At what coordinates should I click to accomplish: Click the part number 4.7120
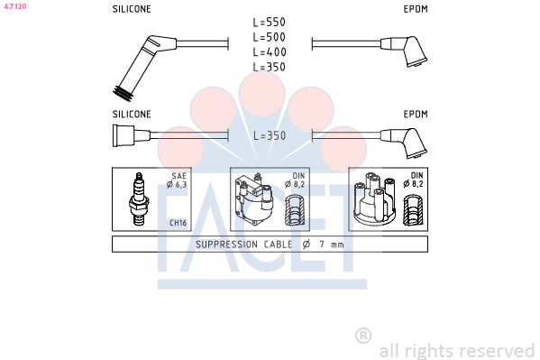15,6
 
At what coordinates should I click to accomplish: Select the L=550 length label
270,23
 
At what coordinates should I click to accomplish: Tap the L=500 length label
270,37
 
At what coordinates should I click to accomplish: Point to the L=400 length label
270,52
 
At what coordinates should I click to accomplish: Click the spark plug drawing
139,199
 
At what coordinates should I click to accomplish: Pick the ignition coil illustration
254,199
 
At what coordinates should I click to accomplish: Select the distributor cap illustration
374,199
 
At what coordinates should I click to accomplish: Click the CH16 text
178,223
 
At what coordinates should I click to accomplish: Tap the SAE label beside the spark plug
179,176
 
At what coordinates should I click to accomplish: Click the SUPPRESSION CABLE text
243,245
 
